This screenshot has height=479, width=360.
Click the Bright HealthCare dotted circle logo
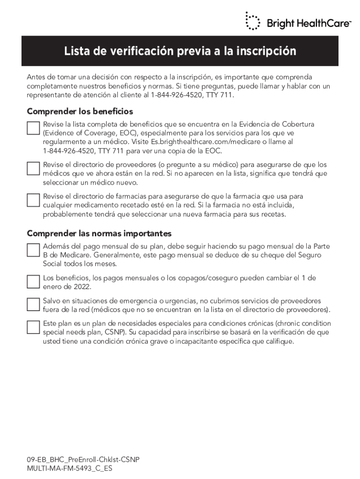tap(252, 22)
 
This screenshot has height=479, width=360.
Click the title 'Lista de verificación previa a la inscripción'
tap(180, 51)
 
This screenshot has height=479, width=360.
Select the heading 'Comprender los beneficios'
tap(80, 111)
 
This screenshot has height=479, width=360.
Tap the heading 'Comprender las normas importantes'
tap(99, 233)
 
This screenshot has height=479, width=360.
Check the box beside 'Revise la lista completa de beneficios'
tap(33, 128)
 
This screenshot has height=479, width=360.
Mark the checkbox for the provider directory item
tap(33, 168)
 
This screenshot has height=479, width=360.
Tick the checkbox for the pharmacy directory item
tap(33, 200)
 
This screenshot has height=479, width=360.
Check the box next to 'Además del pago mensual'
tap(33, 250)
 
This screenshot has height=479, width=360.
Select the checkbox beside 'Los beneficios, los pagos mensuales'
tap(33, 281)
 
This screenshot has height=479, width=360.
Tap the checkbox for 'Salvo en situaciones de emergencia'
tap(33, 305)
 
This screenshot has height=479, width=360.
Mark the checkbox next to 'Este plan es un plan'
tap(33, 327)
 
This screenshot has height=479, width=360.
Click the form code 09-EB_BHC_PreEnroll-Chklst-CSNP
tap(83, 459)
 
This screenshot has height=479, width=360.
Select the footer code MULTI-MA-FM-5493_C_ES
tap(70, 468)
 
